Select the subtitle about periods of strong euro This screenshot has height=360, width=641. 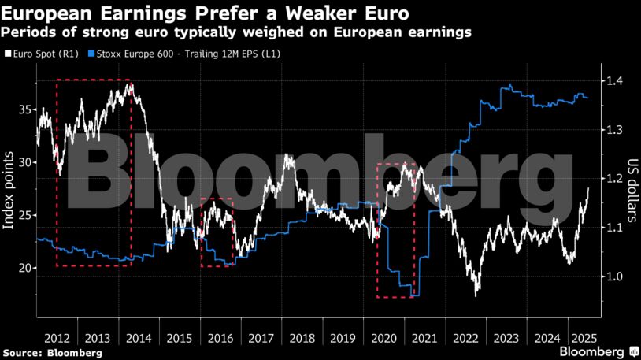coord(237,32)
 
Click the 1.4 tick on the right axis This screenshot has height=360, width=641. coord(614,81)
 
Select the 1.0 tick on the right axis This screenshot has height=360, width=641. coord(614,276)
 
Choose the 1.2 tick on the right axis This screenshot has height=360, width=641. coord(614,179)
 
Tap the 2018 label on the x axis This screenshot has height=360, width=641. coord(302,337)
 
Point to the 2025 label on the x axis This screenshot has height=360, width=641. coord(579,337)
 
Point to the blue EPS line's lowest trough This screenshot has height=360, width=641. coord(414,295)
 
